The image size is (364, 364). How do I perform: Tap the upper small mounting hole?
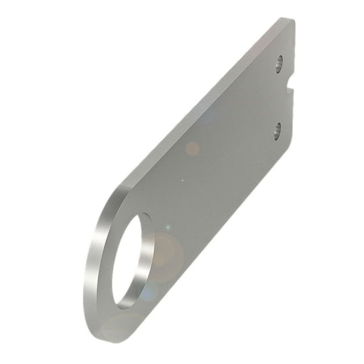click(x=279, y=64)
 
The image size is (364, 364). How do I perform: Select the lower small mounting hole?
click(x=277, y=129)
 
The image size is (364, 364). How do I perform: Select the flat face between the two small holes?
click(x=274, y=96)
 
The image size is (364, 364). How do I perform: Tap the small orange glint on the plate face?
click(x=192, y=149)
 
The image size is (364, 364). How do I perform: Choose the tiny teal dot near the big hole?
click(x=168, y=227)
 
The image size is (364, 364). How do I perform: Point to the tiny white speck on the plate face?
click(x=183, y=179)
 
